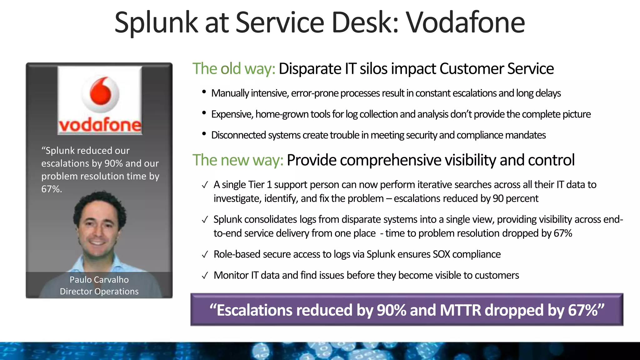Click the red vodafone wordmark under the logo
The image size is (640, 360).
(100, 125)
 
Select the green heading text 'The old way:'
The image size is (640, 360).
(233, 69)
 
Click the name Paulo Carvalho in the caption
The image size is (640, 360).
(99, 280)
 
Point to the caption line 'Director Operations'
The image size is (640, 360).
(99, 292)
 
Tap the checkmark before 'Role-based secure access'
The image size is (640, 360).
(205, 255)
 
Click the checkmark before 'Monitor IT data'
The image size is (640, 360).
(205, 276)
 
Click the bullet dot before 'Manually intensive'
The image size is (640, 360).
(204, 92)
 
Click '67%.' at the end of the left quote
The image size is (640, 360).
(52, 189)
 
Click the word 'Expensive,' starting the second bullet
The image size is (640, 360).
(232, 114)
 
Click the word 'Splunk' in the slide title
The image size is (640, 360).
(156, 22)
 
